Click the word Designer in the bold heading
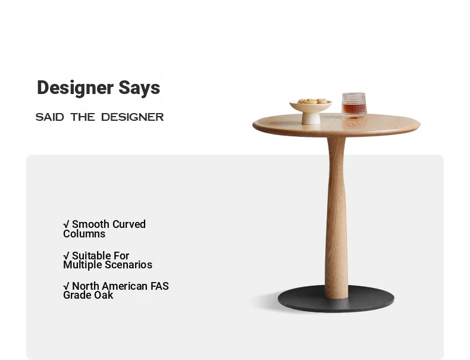tap(75, 88)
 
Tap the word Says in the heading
tap(139, 89)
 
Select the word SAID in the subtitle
tap(50, 117)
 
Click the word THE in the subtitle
tap(83, 117)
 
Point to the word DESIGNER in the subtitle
tap(133, 117)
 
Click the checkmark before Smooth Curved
tap(66, 224)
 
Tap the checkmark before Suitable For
tap(66, 256)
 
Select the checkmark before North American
tap(66, 286)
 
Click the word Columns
tap(84, 234)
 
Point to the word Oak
tap(105, 295)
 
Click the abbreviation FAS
tap(159, 286)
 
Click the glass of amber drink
tap(354, 104)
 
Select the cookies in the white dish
tap(312, 101)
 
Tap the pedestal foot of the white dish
tap(311, 118)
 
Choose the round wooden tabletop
tap(336, 125)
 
